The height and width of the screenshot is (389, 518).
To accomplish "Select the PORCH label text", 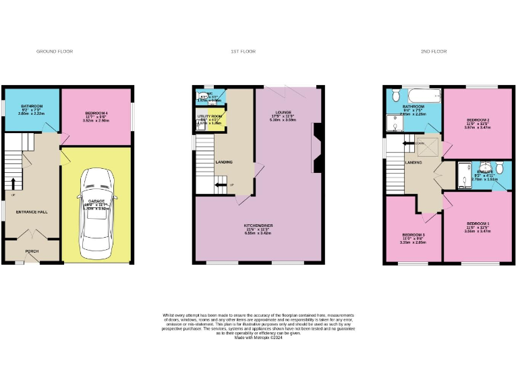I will (32, 251).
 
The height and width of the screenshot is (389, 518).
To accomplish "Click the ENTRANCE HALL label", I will (32, 212).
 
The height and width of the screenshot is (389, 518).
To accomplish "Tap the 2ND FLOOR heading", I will (432, 51).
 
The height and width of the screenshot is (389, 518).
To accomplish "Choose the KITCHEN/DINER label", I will (260, 226).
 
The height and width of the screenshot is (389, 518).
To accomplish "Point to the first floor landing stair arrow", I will (220, 184).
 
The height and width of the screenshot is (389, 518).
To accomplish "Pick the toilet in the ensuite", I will (499, 167).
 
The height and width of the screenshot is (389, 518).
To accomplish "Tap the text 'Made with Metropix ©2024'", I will (258, 337).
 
